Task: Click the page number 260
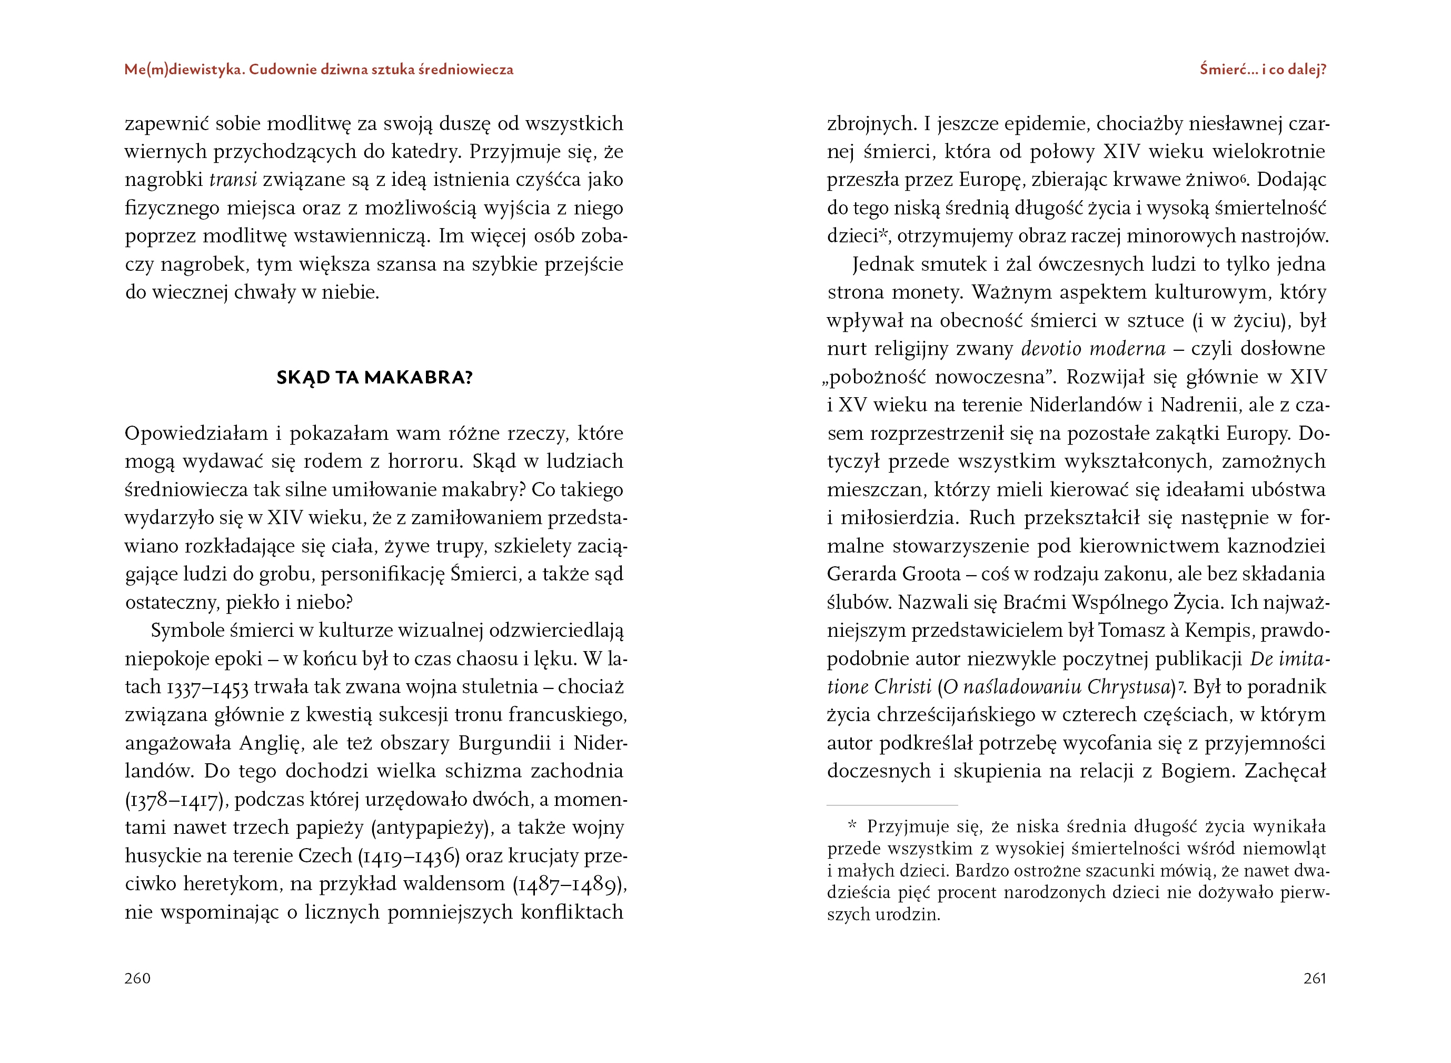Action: [137, 978]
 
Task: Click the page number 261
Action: [1315, 978]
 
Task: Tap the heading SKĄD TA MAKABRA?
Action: [374, 377]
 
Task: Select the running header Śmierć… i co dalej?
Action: [1263, 70]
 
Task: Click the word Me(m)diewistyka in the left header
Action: [183, 70]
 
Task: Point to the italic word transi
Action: [233, 180]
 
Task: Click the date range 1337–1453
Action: [207, 688]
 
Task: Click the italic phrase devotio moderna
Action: [1094, 349]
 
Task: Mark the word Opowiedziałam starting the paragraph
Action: [196, 434]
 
